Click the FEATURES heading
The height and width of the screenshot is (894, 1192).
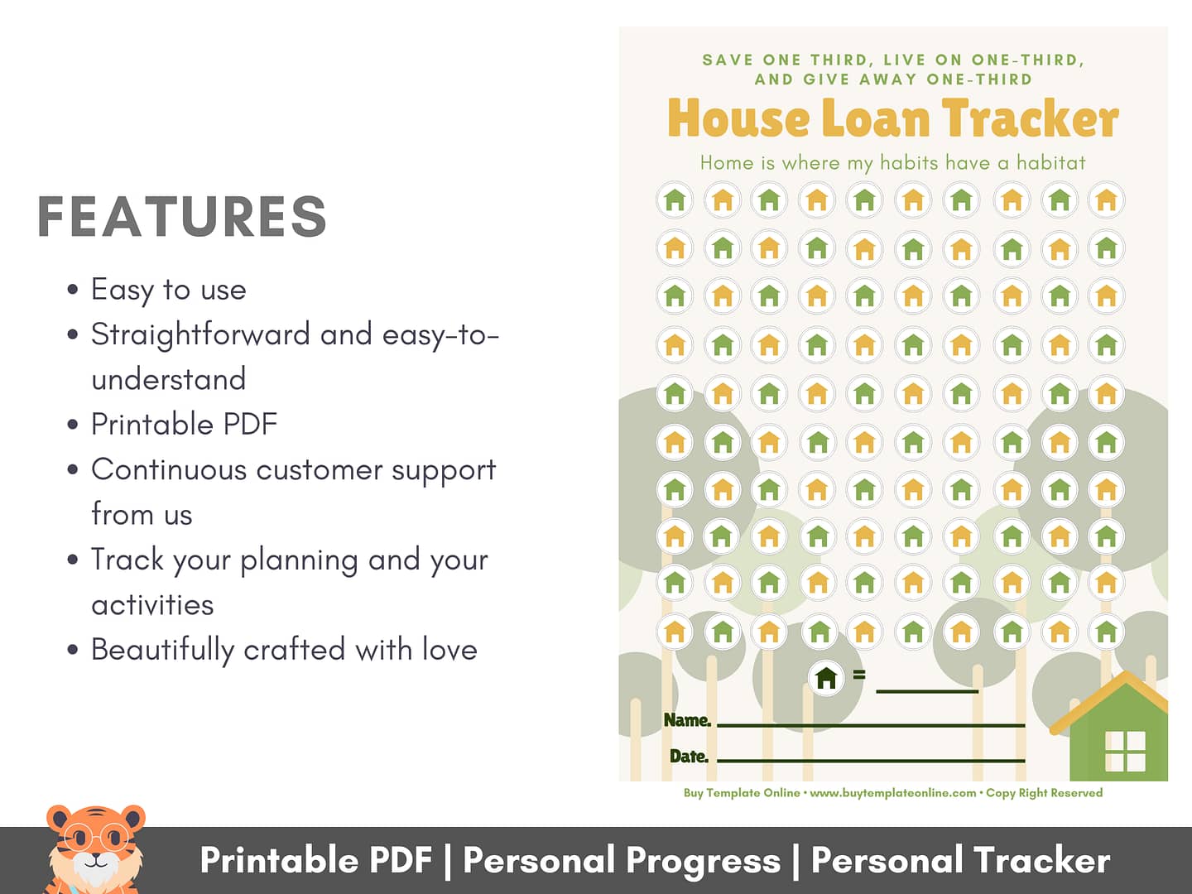(182, 216)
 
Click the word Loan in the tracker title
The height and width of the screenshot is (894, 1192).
(876, 119)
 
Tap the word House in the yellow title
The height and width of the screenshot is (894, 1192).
(738, 119)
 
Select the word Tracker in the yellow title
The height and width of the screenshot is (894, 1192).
(1031, 119)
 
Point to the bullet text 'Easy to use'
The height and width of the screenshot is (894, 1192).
(168, 290)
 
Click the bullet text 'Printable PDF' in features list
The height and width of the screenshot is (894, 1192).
(184, 424)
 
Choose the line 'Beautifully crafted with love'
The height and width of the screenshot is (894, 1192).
(284, 650)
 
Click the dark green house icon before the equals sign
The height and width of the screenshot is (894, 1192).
(826, 678)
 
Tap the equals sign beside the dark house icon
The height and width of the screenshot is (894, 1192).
(859, 675)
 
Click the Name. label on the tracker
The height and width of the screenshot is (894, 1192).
(687, 720)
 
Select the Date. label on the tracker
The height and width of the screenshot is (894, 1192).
(690, 756)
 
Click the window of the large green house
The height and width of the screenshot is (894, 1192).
(1125, 752)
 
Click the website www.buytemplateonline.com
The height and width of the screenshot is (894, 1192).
(893, 793)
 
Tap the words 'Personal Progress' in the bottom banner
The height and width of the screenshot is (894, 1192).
(622, 861)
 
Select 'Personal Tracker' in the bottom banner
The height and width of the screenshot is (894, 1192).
(961, 861)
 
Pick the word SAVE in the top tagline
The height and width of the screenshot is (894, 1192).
(728, 60)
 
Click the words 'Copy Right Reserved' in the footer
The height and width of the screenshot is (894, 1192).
(1045, 793)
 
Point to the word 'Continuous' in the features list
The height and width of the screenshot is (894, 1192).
(169, 469)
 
